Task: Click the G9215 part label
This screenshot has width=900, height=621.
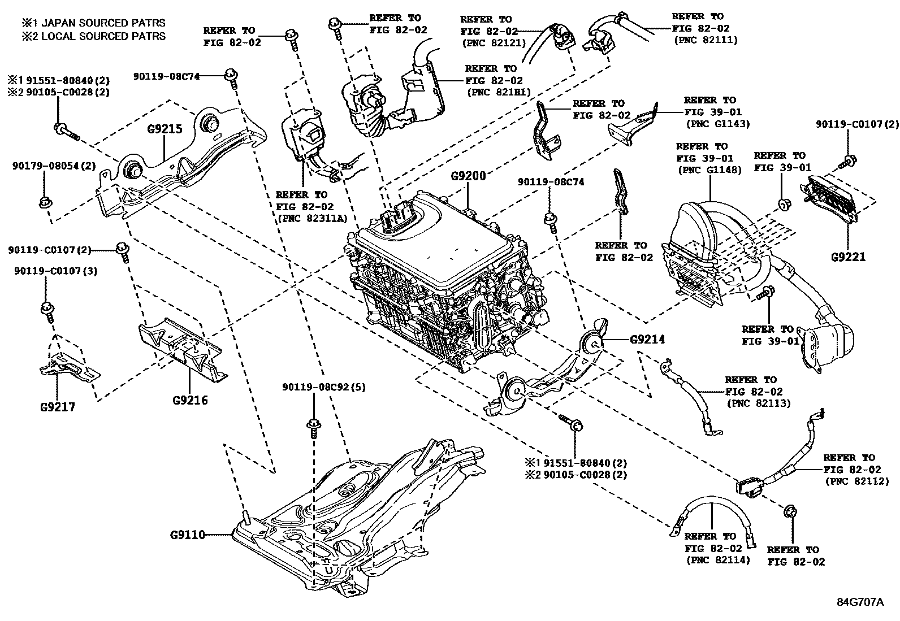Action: pos(165,129)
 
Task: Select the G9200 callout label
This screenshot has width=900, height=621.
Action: pos(468,176)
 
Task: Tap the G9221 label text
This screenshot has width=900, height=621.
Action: pos(848,257)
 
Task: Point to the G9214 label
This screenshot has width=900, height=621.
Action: pos(648,340)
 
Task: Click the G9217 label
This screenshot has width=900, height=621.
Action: pos(58,407)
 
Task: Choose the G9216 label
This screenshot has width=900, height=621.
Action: pos(190,401)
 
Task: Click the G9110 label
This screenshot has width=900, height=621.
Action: pos(187,534)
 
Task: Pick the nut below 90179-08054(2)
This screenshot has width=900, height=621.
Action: pos(44,202)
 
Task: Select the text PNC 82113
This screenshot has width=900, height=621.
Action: pos(759,403)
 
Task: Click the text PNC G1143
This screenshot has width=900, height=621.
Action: pos(717,124)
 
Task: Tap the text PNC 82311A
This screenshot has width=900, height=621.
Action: pos(312,219)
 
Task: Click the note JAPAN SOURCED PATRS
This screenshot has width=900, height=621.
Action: pos(94,23)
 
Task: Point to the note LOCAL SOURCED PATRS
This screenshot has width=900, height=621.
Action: pos(94,36)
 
